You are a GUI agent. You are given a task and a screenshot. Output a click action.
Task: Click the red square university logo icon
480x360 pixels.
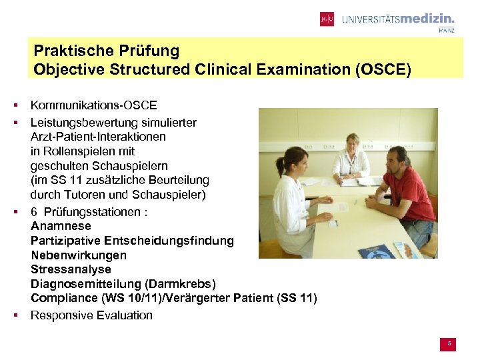click(327, 19)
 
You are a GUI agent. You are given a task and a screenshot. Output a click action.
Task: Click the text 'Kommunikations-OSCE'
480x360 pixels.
click(94, 105)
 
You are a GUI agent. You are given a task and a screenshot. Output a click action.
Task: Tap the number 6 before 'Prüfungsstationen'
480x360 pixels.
click(34, 211)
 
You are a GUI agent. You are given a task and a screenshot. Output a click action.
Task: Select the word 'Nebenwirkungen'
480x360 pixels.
click(79, 255)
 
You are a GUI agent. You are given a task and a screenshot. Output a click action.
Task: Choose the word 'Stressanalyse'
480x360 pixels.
click(71, 270)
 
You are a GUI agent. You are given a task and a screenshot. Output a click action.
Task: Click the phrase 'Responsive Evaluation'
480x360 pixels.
click(92, 315)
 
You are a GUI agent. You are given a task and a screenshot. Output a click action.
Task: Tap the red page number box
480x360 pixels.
click(449, 344)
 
